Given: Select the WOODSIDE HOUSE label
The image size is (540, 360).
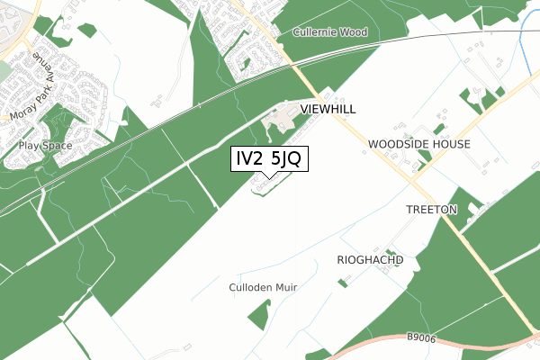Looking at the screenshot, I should pyautogui.click(x=419, y=144).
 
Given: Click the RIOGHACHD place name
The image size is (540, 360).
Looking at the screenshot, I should pyautogui.click(x=370, y=259).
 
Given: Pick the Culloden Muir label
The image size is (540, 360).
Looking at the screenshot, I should pyautogui.click(x=263, y=287).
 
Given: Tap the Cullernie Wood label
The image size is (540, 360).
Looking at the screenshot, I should pyautogui.click(x=331, y=33).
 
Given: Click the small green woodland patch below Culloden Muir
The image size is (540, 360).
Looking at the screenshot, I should pyautogui.click(x=259, y=314).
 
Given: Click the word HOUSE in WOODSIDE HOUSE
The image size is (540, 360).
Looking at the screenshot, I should pyautogui.click(x=449, y=144).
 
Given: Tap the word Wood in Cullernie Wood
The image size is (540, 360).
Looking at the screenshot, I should pyautogui.click(x=355, y=33).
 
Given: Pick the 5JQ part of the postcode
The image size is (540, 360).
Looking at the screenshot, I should pyautogui.click(x=289, y=158).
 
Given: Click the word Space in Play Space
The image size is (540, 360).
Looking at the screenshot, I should pyautogui.click(x=50, y=144).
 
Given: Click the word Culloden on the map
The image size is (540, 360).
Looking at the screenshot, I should pyautogui.click(x=249, y=287).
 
